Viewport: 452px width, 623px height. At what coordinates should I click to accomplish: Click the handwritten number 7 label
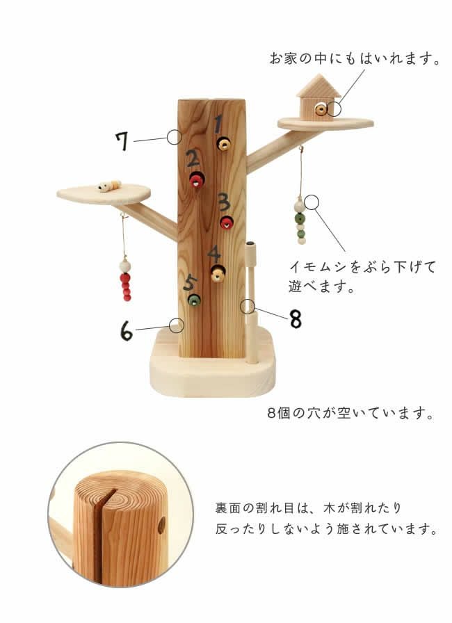pos(122,141)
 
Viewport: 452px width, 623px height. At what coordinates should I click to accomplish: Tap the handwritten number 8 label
pos(296,318)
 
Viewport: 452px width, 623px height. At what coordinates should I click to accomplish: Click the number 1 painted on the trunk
pos(218,125)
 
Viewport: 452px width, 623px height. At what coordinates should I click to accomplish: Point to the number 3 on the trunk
pos(223,202)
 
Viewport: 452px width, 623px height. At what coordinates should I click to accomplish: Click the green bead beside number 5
pos(195,300)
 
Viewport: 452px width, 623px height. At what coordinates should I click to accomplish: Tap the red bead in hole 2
pos(197,181)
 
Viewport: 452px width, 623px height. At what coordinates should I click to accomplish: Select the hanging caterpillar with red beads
pos(126,280)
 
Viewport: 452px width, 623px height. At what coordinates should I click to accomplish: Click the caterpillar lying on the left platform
pos(108,186)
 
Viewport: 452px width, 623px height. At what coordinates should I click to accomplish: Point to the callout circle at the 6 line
pos(177,325)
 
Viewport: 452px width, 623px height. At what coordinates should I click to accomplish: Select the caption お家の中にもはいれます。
pos(355,58)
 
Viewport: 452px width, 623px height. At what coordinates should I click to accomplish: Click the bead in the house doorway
pos(320,110)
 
